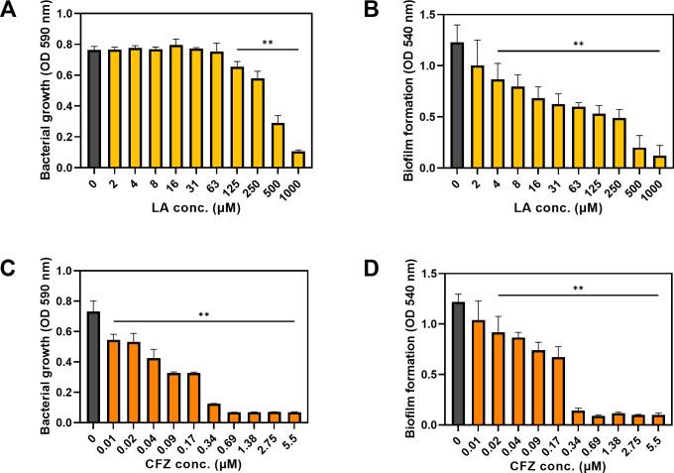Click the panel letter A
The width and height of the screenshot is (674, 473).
pos(11,13)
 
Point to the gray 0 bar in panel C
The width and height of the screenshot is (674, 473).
pos(94,367)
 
